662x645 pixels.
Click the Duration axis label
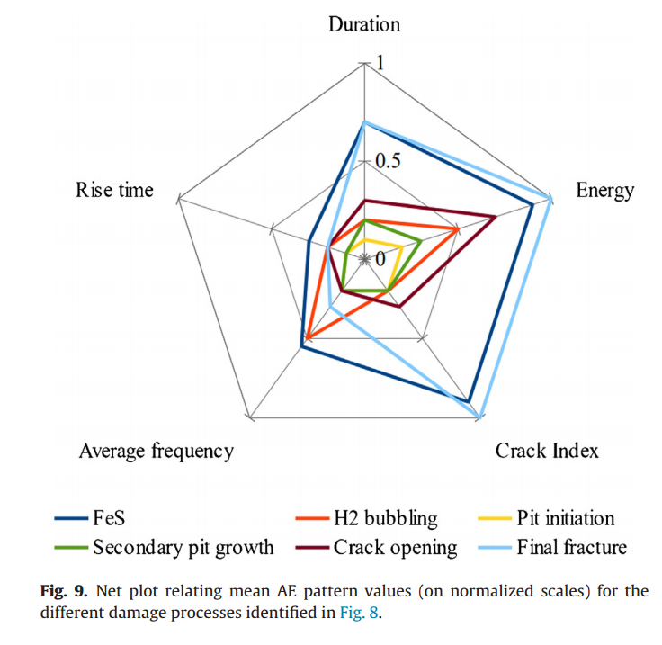(x=363, y=24)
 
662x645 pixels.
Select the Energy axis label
(x=604, y=191)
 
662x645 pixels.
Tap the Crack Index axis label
(x=547, y=451)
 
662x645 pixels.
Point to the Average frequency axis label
(x=157, y=451)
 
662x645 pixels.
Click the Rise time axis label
(x=114, y=191)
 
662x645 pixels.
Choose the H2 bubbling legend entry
(x=385, y=519)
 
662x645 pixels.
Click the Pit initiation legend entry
(x=565, y=519)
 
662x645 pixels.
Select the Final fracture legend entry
(x=571, y=547)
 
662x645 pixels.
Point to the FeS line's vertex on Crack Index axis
(x=469, y=400)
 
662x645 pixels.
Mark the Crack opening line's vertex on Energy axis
(x=496, y=216)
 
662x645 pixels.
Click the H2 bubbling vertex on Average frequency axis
(x=307, y=338)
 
